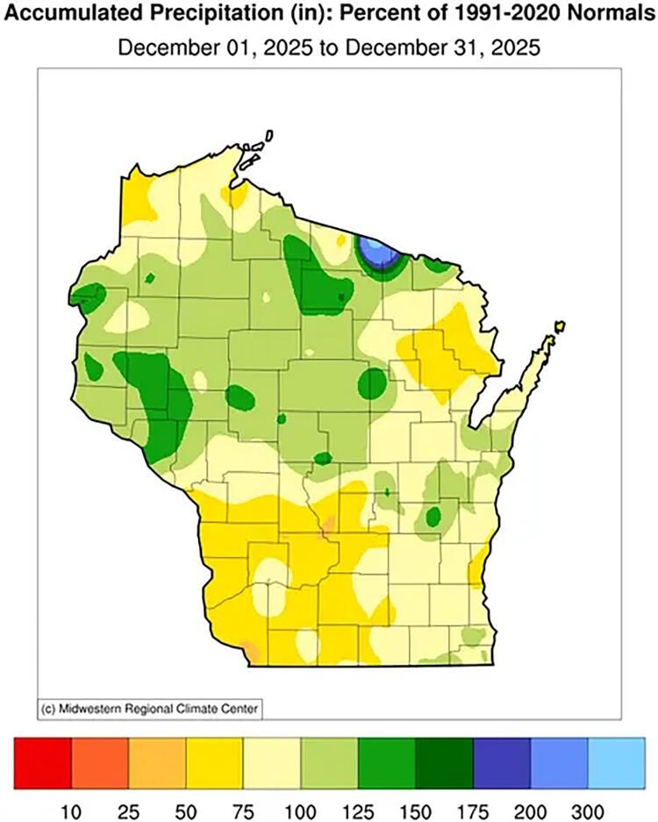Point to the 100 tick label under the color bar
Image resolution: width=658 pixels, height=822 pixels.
click(300, 804)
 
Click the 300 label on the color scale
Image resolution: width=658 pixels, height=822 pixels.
click(587, 804)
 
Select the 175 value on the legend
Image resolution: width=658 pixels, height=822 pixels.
click(472, 804)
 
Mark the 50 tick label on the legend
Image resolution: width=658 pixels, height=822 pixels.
click(186, 804)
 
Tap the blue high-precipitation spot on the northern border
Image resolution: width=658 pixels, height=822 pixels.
click(375, 254)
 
